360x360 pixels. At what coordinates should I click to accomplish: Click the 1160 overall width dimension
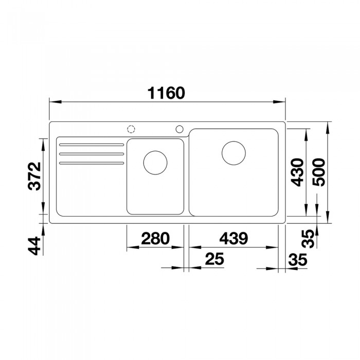click(x=166, y=93)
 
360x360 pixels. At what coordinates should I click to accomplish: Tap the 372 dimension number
click(x=34, y=176)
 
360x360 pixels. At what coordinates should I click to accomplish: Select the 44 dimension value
click(x=34, y=246)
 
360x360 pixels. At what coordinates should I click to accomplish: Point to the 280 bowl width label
click(x=155, y=238)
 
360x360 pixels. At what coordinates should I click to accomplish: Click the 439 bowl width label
click(x=233, y=238)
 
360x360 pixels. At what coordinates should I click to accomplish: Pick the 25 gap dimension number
click(x=214, y=259)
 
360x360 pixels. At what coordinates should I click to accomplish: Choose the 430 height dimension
click(x=297, y=172)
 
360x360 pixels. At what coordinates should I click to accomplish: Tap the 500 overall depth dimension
click(x=319, y=172)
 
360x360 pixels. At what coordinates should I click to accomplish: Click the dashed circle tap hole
click(x=131, y=129)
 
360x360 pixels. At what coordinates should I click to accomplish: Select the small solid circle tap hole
click(x=179, y=129)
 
